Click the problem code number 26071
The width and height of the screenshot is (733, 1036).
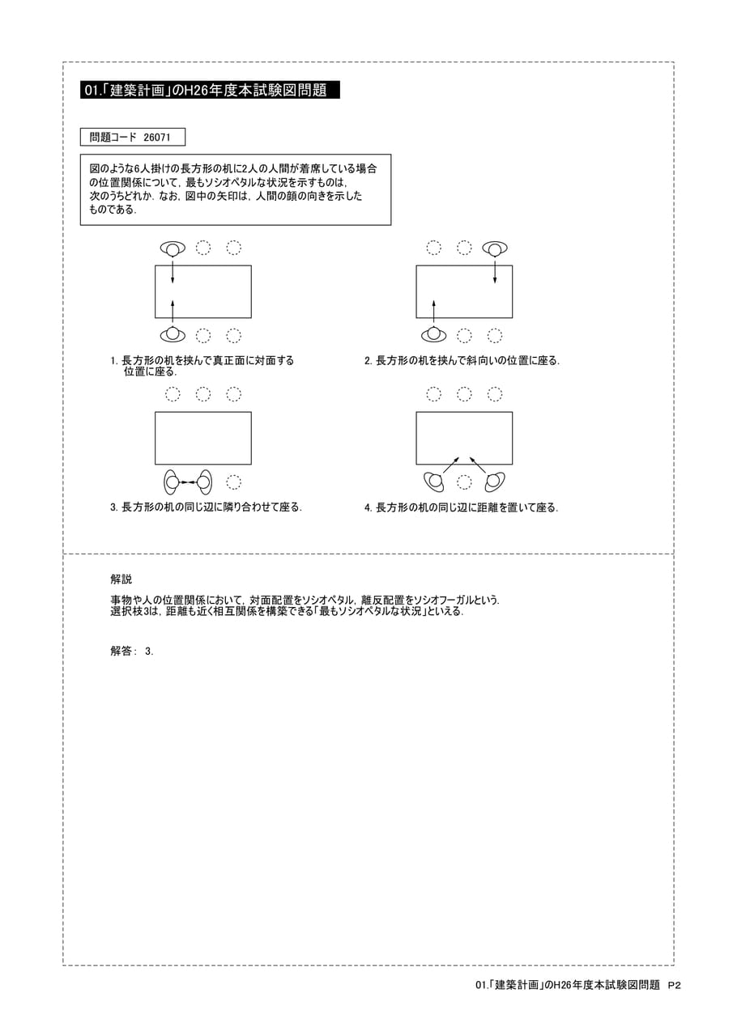[157, 138]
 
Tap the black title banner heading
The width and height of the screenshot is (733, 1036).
[210, 90]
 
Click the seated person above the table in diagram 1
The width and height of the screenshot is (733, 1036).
[173, 248]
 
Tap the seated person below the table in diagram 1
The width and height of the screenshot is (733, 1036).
[173, 334]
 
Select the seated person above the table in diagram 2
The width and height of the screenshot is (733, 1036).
[495, 248]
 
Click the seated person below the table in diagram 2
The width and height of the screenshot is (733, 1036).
[433, 334]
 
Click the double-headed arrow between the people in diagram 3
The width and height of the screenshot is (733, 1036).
[188, 482]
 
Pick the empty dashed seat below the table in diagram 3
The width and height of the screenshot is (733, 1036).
[234, 482]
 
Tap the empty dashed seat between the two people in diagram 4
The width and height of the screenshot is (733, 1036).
[464, 482]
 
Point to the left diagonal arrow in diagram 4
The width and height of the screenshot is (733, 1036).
[451, 465]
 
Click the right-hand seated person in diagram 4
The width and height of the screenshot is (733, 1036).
[494, 482]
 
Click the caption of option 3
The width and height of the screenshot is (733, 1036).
[206, 507]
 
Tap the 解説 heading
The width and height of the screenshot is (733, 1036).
[121, 579]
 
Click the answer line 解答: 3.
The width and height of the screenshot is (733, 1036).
[132, 652]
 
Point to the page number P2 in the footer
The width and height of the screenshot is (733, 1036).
[675, 985]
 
